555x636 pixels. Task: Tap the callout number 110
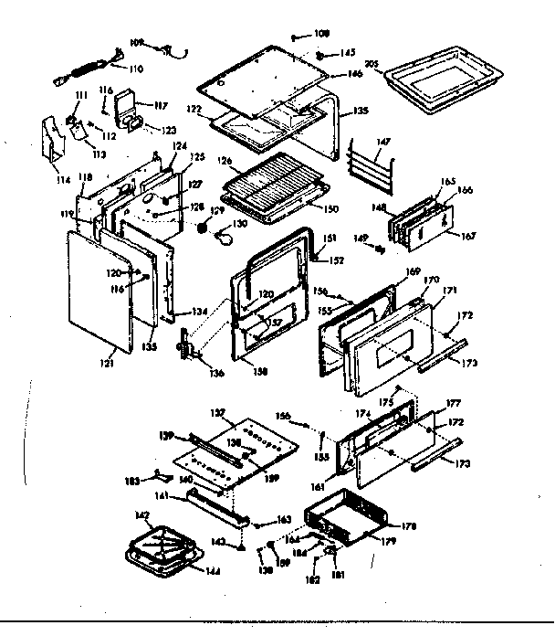click(137, 68)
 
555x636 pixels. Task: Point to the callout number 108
click(321, 36)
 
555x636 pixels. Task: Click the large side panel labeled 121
click(100, 292)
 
